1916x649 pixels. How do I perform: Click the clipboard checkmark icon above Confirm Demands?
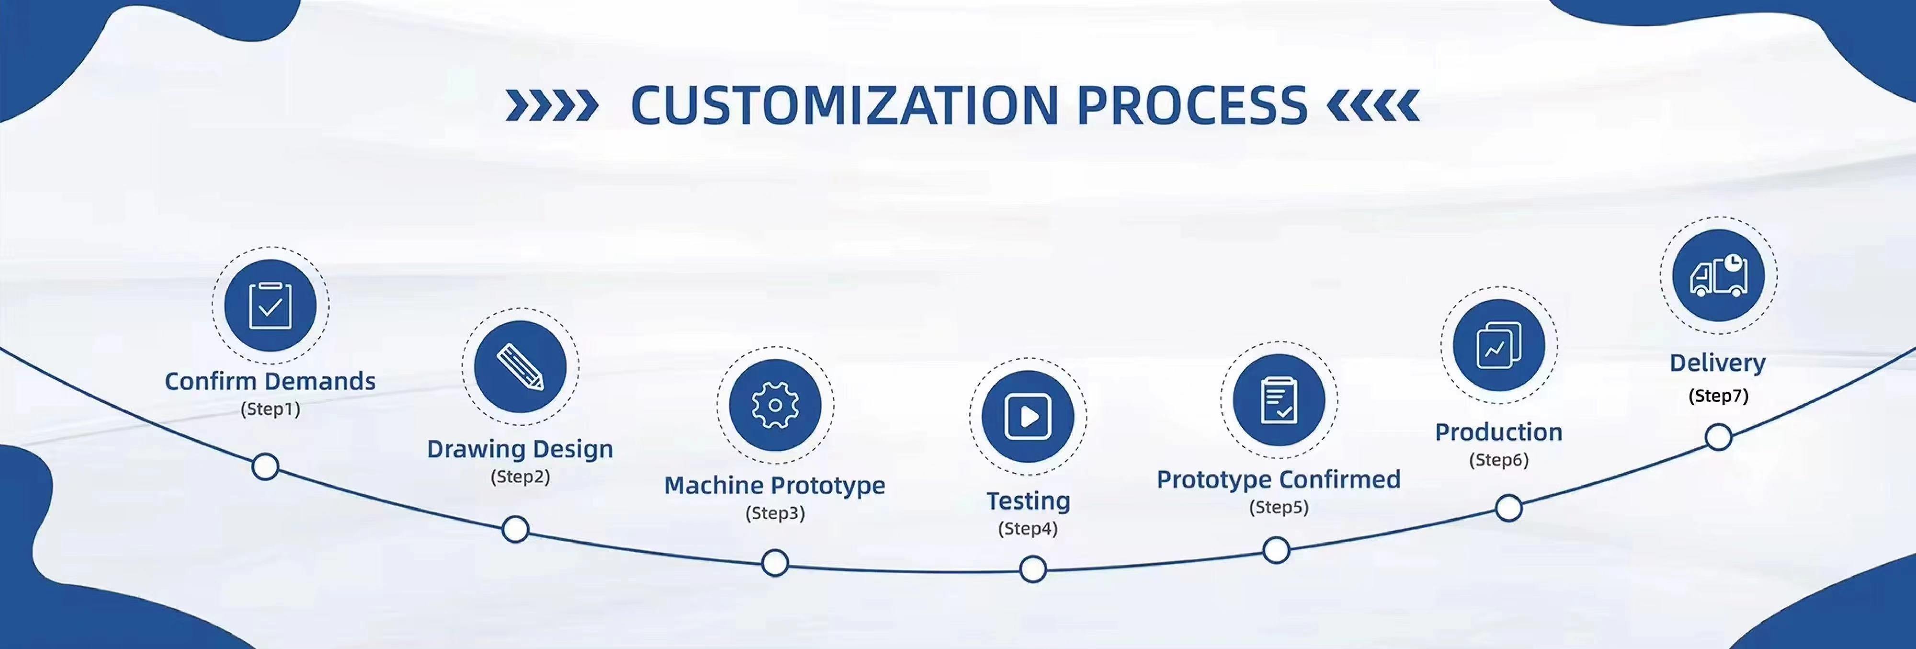click(270, 305)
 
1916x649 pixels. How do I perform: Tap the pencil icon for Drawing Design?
click(520, 367)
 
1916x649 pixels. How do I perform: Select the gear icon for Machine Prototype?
click(775, 406)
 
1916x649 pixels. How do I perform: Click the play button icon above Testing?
click(1028, 417)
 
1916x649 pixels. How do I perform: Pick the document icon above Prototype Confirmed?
click(1278, 400)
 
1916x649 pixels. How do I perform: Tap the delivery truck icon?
click(1718, 276)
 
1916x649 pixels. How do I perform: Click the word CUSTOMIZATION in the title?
click(844, 105)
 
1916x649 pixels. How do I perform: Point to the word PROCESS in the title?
click(1192, 105)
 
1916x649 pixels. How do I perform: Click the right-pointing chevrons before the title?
click(551, 105)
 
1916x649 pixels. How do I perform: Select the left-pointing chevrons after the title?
click(1373, 105)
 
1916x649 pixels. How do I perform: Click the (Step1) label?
click(270, 409)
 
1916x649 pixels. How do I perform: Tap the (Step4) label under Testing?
click(1028, 529)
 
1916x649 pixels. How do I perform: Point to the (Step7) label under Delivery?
click(1718, 396)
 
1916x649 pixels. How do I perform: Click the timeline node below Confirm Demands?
click(265, 467)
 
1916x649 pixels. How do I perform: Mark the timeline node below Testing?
click(1032, 569)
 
